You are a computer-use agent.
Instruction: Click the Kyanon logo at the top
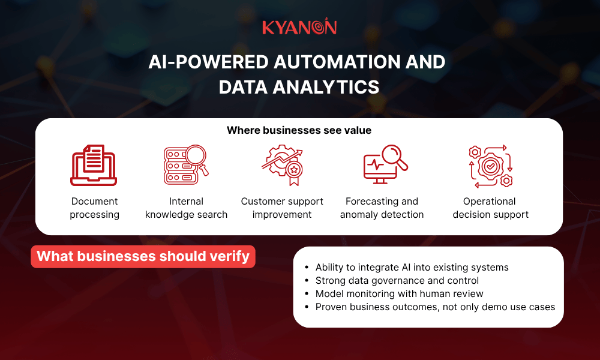click(299, 27)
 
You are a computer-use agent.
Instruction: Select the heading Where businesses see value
click(299, 130)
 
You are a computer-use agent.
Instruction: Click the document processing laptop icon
click(94, 166)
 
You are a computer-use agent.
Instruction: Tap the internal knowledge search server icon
click(186, 164)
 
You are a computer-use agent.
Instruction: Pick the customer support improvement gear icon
click(282, 165)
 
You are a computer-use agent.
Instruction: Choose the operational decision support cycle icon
click(490, 165)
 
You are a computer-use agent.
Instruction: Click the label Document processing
click(94, 208)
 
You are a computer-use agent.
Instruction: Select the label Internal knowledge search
click(186, 208)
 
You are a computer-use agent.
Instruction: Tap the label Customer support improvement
click(282, 208)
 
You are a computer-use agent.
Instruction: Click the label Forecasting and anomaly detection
click(382, 208)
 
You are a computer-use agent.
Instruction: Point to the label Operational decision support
click(490, 208)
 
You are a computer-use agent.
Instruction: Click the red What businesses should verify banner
click(143, 256)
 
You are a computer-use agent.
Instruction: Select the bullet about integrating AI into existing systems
click(412, 267)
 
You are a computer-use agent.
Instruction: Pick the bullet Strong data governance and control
click(397, 280)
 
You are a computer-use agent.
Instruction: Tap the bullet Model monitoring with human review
click(399, 293)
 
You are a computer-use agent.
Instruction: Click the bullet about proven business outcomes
click(435, 307)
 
